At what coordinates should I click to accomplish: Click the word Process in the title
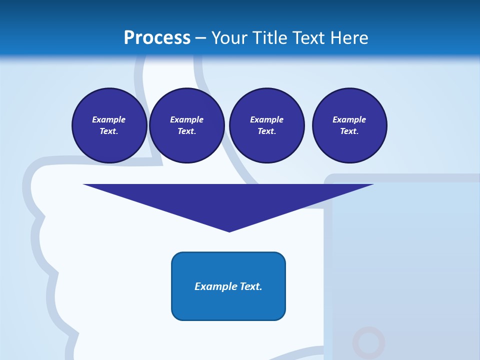point(157,38)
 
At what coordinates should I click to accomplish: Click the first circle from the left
point(109,125)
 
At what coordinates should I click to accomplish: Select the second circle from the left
point(186,125)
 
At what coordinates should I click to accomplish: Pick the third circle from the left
point(266,125)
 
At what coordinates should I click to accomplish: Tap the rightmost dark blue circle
point(349,125)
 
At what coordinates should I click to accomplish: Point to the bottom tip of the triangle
point(229,231)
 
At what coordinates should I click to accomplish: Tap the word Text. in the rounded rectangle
point(250,286)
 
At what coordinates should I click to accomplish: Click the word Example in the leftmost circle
point(109,120)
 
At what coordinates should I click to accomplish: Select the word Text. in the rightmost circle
point(349,131)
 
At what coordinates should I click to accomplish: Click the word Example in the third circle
point(266,120)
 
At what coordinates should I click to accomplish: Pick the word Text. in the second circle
point(186,131)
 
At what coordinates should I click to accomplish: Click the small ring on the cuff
point(368,343)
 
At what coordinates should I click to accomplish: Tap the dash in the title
point(200,38)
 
